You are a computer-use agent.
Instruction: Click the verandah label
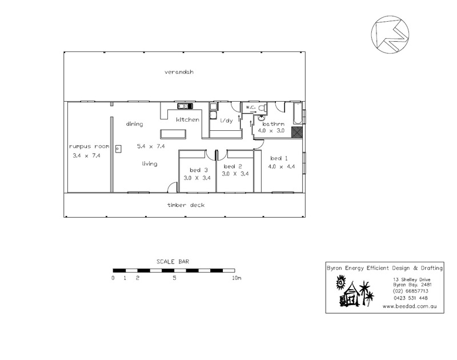(179, 72)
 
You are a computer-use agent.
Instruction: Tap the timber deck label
(186, 205)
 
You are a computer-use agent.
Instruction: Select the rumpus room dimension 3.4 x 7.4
(87, 155)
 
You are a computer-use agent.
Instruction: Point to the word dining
(135, 124)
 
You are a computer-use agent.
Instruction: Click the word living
(150, 164)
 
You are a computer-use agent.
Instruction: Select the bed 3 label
(199, 170)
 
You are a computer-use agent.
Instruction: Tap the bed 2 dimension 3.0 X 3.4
(235, 174)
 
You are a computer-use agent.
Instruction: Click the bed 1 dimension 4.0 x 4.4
(282, 166)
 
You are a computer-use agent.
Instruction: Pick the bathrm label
(274, 124)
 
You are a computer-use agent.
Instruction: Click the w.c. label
(250, 107)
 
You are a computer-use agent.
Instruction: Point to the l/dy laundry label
(226, 121)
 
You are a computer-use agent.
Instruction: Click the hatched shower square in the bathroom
(297, 132)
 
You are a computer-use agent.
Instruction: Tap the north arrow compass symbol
(390, 35)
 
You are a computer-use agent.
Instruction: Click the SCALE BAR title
(173, 262)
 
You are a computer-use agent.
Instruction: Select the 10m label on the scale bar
(236, 278)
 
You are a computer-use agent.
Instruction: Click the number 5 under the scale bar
(174, 278)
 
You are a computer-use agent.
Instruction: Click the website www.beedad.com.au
(410, 306)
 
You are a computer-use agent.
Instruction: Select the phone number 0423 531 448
(411, 298)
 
